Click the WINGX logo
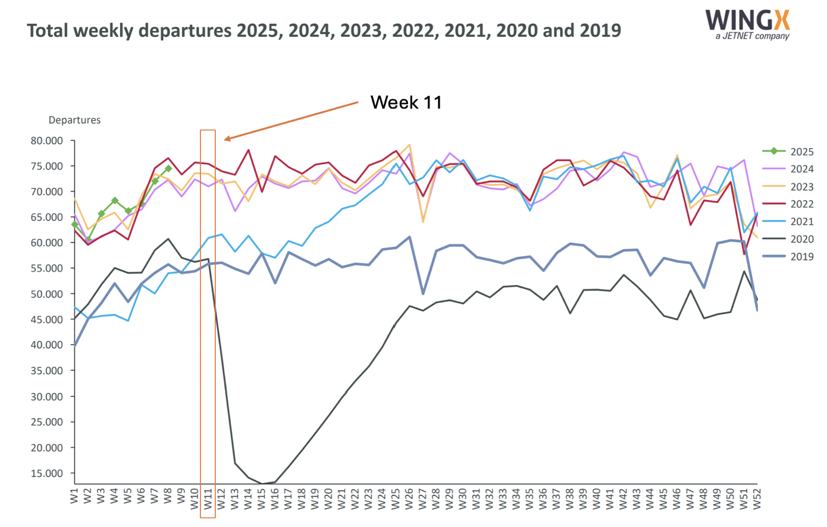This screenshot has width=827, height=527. (748, 23)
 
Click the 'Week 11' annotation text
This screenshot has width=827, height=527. (406, 102)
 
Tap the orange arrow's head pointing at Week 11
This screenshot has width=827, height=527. (226, 140)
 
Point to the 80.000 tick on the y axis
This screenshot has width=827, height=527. (46, 141)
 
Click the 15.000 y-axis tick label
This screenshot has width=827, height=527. (46, 473)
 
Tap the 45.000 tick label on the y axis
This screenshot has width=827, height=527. (46, 320)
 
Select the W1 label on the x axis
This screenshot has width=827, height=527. (75, 497)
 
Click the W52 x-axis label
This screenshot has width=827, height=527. (757, 498)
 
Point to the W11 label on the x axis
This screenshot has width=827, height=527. (208, 498)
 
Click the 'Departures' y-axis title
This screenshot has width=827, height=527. (74, 120)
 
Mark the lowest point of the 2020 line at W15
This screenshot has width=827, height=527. (262, 484)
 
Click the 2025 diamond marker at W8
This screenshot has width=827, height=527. (168, 169)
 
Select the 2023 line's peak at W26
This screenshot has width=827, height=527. (409, 145)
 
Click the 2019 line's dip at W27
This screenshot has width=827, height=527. (423, 294)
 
